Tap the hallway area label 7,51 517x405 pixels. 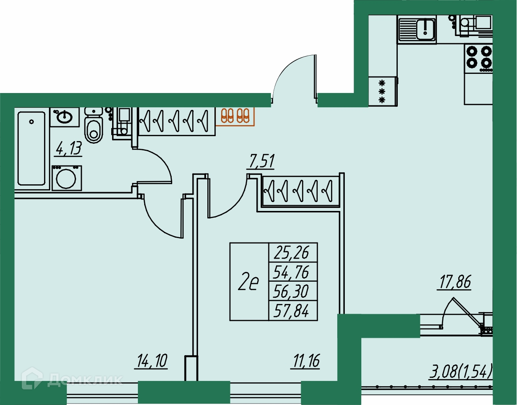coord(260,162)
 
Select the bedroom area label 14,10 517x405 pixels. coord(152,360)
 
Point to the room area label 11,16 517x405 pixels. coord(305,361)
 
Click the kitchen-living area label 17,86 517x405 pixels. coord(454,282)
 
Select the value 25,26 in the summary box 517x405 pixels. coord(291,253)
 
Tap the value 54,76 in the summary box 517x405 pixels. coord(291,272)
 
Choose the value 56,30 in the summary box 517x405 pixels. coord(291,291)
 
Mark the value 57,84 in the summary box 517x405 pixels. coord(291,310)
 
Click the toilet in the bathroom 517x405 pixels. coord(93,126)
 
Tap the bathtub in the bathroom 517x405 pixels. coord(32,148)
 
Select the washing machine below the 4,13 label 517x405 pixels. coord(67,178)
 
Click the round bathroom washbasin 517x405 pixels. coord(65,117)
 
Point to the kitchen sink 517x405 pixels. coord(417,29)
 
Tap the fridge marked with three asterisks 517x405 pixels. coord(383,91)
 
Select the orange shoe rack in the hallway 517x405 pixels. coord(235,116)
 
